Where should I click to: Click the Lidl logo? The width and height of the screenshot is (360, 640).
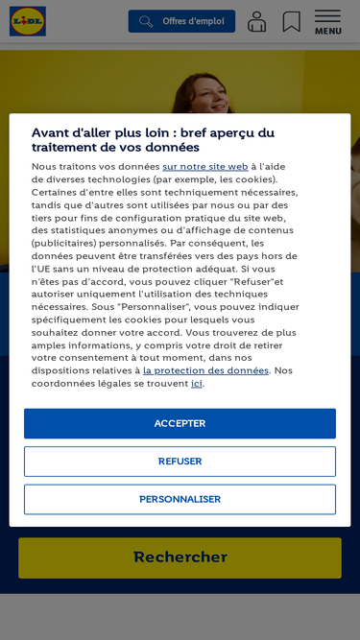[28, 21]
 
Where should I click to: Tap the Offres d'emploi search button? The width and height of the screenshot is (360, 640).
[181, 21]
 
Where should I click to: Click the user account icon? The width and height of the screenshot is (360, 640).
[256, 21]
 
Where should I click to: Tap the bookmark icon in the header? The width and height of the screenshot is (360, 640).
[292, 21]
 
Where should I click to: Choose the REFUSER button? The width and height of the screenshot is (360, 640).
[180, 462]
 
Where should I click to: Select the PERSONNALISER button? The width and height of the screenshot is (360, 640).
[180, 499]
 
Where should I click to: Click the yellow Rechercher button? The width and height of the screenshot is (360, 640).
[180, 557]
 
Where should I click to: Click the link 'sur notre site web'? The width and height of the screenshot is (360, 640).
[204, 167]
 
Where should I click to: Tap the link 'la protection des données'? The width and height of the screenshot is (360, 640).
[205, 370]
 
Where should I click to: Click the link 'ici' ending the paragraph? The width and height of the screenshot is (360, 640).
[196, 384]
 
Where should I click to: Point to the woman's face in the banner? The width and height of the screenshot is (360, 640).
[210, 92]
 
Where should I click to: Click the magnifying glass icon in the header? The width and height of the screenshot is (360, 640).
[146, 21]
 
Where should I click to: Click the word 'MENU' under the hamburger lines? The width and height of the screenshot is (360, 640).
[327, 32]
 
